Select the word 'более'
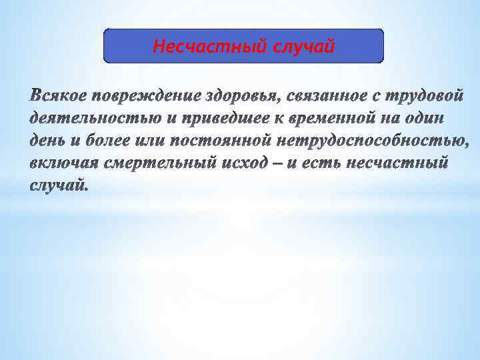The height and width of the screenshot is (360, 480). point(107,141)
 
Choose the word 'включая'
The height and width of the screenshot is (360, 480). point(65,163)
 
